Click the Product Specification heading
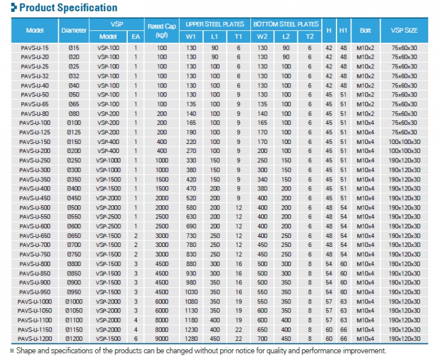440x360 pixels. click(68, 8)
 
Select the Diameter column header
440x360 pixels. click(74, 30)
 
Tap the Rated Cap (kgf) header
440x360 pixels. click(162, 30)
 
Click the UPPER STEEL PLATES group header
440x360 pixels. click(215, 24)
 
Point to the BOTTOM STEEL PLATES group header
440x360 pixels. click(286, 24)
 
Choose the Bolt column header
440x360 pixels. click(365, 30)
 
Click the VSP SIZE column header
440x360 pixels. click(404, 30)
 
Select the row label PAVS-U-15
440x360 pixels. click(34, 48)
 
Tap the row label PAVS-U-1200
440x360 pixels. click(34, 339)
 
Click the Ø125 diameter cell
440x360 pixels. click(74, 132)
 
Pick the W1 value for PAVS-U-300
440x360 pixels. click(191, 170)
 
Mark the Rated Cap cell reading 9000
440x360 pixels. click(162, 339)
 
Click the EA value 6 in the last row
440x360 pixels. click(136, 339)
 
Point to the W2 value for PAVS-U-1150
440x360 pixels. click(262, 330)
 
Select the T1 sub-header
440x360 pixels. click(238, 36)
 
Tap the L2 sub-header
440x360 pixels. click(286, 36)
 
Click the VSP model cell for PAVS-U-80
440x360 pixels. click(108, 114)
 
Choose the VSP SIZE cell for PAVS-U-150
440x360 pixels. click(404, 142)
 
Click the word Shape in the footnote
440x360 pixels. click(26, 350)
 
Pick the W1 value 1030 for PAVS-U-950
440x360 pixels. click(191, 292)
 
